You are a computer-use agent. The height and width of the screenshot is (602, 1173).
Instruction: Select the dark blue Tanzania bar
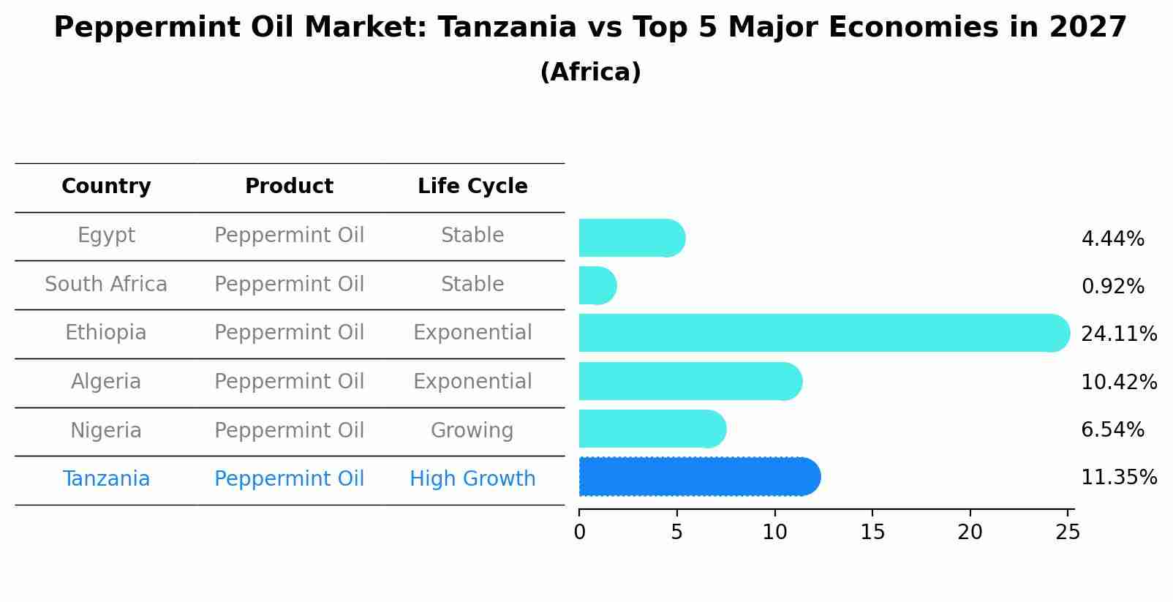click(x=699, y=477)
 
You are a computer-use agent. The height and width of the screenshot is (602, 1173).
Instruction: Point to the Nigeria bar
click(x=652, y=429)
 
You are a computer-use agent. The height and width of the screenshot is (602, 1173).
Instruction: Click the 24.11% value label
click(x=1119, y=334)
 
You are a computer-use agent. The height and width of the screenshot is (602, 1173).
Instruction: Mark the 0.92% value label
click(x=1112, y=287)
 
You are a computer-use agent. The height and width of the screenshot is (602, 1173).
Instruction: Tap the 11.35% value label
click(x=1119, y=478)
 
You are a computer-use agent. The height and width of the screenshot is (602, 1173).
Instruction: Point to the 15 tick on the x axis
click(x=873, y=532)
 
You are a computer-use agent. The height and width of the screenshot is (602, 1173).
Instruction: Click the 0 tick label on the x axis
click(x=579, y=532)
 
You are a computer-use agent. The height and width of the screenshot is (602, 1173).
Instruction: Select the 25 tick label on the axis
click(x=1068, y=532)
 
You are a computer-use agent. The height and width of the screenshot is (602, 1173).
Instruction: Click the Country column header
click(x=106, y=187)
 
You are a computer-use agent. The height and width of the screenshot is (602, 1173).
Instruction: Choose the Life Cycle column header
click(x=472, y=187)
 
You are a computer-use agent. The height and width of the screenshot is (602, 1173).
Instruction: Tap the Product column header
click(x=289, y=187)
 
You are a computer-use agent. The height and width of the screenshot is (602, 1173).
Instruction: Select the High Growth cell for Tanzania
click(x=472, y=479)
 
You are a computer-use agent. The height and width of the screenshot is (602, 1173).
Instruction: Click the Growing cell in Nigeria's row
click(x=472, y=431)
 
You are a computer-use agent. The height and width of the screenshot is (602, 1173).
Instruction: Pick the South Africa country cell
click(x=106, y=285)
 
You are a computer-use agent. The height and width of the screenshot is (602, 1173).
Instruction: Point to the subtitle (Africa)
click(x=590, y=72)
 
